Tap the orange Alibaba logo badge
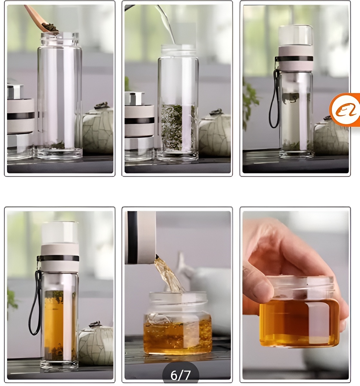coord(345,110)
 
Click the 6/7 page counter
coord(180,375)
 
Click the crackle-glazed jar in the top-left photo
coord(98,129)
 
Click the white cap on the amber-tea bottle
coord(60,233)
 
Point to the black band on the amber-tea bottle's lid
coord(58,258)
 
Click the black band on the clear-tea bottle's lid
coord(294,59)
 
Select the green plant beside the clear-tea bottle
coord(250,103)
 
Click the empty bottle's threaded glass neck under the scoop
coord(60,40)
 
